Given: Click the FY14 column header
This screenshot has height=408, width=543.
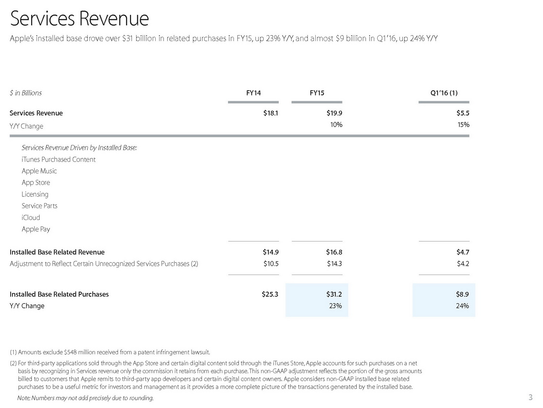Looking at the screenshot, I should coord(253,93).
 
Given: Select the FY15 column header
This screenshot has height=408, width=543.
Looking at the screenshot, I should coord(317,93).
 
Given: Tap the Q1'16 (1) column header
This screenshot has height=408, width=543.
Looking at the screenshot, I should coord(444,93).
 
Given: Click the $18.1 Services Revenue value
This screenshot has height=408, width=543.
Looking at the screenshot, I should coord(271,113).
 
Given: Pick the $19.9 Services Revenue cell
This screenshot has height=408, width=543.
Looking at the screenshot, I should coord(334,113).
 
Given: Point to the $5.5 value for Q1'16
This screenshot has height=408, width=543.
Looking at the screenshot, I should coord(463,113).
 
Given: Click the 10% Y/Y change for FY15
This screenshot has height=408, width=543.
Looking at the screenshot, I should coord(336,125).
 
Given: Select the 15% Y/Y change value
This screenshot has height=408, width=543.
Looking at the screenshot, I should coord(463,125).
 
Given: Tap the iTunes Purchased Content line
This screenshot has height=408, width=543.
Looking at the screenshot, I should coord(59,160).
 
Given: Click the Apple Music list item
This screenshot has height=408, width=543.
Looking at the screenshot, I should coord(39,171).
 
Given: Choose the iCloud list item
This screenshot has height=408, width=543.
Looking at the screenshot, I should coord(31,218).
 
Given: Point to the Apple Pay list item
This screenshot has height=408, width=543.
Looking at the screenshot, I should coord(36,229).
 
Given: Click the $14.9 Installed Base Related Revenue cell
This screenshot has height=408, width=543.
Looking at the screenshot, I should coord(271,252).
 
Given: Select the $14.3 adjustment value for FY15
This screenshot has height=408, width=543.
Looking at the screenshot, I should coord(334,264).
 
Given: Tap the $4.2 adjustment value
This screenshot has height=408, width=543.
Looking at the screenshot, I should coord(463,264).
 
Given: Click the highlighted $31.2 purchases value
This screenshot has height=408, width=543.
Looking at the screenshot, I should coord(334,294).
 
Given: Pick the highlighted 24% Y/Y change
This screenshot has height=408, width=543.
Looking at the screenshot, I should coord(462,306).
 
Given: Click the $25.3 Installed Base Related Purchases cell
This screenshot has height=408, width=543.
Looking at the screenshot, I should coord(270,294).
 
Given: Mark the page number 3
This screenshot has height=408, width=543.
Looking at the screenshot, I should coord(530,397).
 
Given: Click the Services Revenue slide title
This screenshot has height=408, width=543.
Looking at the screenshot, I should coord(80,19).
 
